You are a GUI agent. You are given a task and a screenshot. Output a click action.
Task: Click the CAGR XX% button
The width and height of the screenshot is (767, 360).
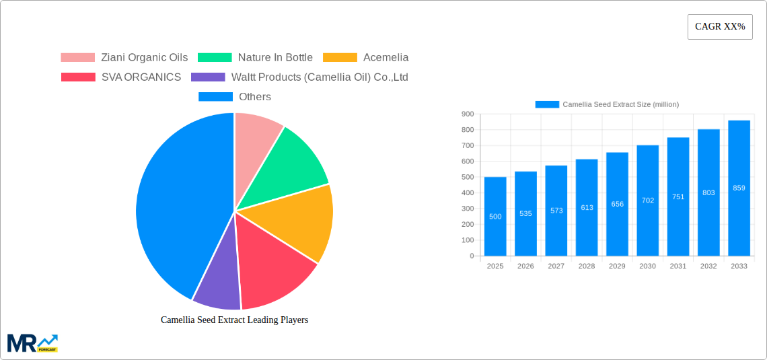[719, 27]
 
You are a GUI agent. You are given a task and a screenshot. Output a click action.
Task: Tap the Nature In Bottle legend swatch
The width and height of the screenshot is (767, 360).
[215, 58]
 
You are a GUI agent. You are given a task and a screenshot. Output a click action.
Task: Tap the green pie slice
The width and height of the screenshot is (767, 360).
[289, 161]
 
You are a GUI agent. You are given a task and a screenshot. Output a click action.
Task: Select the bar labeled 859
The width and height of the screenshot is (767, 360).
[739, 188]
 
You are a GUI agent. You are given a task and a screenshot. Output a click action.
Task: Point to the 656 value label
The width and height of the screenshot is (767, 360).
[617, 204]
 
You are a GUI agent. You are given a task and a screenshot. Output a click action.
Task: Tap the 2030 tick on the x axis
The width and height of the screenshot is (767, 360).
[647, 266]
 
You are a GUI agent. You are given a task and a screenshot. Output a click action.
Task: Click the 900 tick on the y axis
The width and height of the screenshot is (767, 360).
[468, 114]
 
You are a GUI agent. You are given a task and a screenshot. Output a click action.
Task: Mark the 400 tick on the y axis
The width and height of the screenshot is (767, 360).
[468, 193]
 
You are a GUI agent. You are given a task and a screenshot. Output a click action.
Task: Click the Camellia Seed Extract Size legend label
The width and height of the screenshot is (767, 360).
[620, 104]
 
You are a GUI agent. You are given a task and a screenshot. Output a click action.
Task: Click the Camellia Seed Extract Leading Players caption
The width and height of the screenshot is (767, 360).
[234, 320]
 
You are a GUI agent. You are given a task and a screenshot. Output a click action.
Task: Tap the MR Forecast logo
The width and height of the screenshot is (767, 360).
[32, 343]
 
